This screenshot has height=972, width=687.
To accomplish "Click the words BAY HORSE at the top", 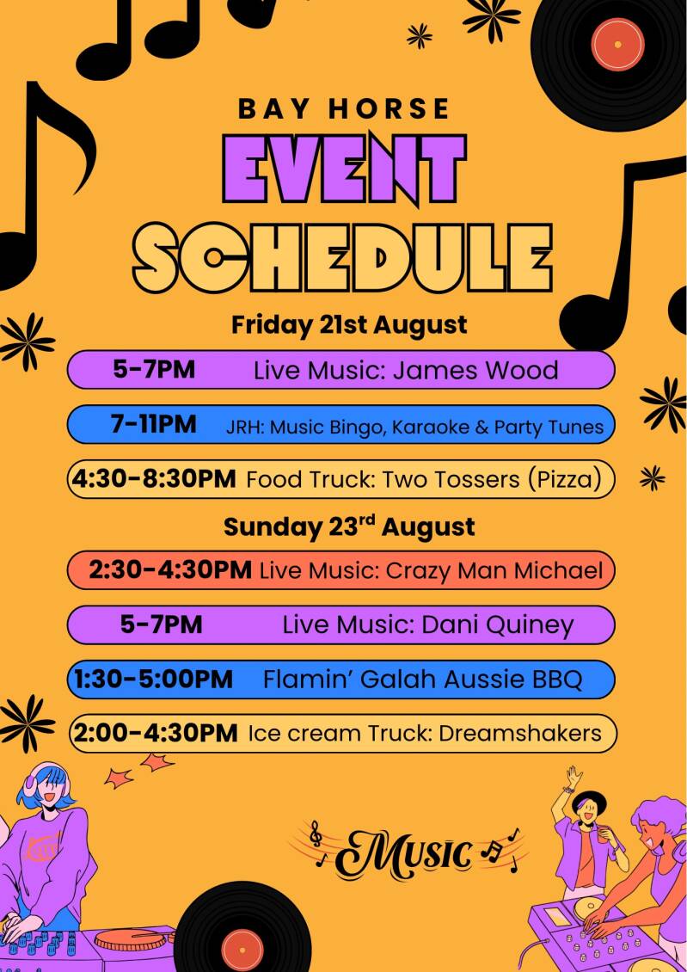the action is pyautogui.click(x=344, y=108).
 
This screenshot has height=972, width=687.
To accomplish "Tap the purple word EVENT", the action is pyautogui.click(x=344, y=168).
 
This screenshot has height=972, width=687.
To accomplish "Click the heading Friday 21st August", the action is pyautogui.click(x=349, y=325).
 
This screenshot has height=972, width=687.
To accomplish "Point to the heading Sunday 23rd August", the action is pyautogui.click(x=349, y=527).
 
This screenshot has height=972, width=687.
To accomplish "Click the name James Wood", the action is pyautogui.click(x=475, y=371).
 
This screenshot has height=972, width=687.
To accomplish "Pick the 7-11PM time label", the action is pyautogui.click(x=154, y=424).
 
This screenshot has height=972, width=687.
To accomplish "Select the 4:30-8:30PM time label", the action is pyautogui.click(x=154, y=478).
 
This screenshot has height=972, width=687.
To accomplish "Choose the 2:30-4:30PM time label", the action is pyautogui.click(x=170, y=569).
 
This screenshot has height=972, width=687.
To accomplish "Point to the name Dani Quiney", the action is pyautogui.click(x=498, y=625).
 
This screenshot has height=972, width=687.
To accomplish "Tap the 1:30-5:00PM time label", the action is pyautogui.click(x=154, y=679).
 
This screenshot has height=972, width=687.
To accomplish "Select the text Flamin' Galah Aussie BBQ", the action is pyautogui.click(x=423, y=680).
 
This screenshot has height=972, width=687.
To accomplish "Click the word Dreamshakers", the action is pyautogui.click(x=520, y=734).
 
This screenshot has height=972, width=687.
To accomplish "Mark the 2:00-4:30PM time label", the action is pyautogui.click(x=156, y=734).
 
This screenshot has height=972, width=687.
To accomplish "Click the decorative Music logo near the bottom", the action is pyautogui.click(x=409, y=851).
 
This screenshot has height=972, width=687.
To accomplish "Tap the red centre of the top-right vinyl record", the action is pyautogui.click(x=617, y=44).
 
